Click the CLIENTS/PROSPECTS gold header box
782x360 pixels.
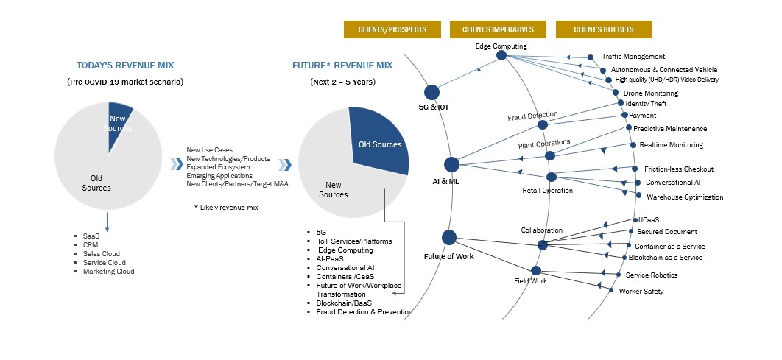pos(392,29)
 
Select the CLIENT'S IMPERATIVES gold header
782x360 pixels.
pos(498,29)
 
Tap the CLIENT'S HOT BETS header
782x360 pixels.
pos(604,29)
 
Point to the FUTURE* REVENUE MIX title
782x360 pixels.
pos(342,66)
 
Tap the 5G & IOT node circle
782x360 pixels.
pos(431,92)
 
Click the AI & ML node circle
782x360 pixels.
pos(451,165)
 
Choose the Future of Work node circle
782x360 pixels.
pos(448,237)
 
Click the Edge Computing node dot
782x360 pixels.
pos(501,54)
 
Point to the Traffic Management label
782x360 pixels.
pos(633,57)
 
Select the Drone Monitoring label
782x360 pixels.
pos(650,93)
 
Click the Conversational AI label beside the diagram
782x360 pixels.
pos(672,182)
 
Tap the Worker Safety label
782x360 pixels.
pos(641,292)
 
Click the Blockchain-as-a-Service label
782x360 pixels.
pos(665,258)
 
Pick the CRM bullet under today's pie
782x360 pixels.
pos(91,244)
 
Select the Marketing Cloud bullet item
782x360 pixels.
pos(109,271)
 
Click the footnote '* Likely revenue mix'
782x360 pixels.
pos(226,208)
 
